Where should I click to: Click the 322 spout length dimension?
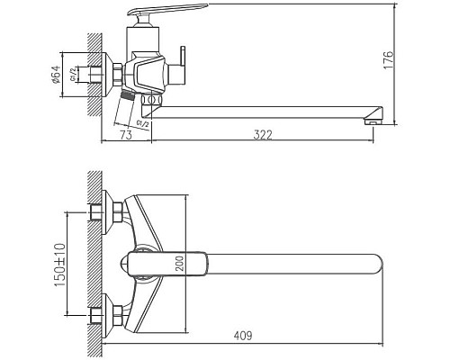click(262, 134)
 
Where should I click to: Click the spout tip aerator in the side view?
click(371, 115)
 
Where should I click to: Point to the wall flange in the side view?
click(115, 76)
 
